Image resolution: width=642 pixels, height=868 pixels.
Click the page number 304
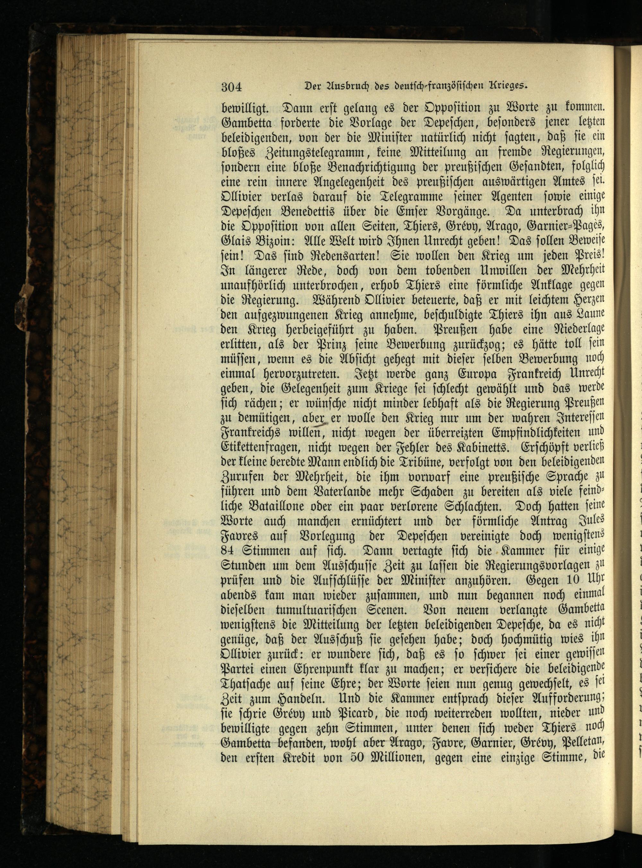[x=232, y=86]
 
